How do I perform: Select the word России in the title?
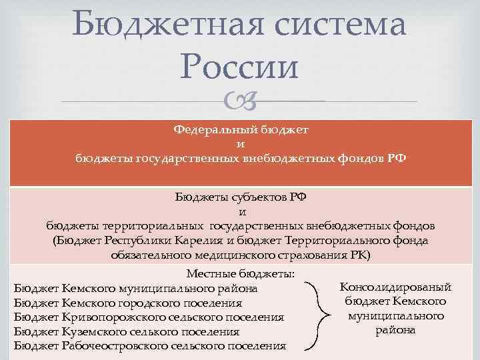coord(240,67)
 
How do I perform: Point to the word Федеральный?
coord(207,129)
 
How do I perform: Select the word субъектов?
coord(256,197)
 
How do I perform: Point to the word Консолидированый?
coord(395,287)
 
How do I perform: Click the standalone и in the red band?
coord(240,144)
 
